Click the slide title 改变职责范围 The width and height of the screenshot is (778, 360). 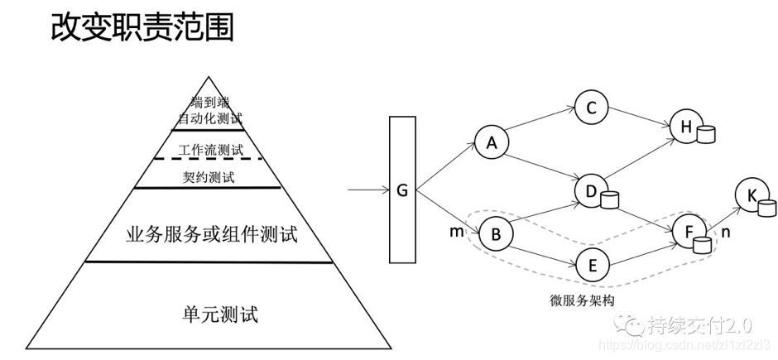[x=142, y=26]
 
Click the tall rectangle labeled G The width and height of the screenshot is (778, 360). [x=402, y=190]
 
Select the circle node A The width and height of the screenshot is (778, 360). [x=492, y=142]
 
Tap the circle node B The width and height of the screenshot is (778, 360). [x=496, y=235]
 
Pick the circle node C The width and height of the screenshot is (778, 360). [x=591, y=108]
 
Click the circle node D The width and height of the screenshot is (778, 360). [x=591, y=192]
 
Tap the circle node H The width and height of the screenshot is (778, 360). [x=685, y=126]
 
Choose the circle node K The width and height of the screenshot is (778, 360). [x=752, y=195]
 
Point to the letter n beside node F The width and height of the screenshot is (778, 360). [x=726, y=234]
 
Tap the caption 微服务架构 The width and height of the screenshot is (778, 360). [x=577, y=299]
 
